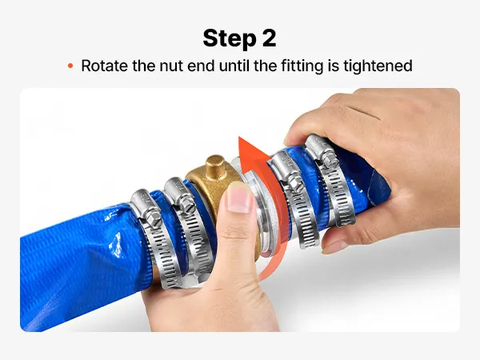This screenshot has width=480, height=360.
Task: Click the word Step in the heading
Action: click(230, 38)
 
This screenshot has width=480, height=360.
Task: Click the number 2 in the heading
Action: click(269, 38)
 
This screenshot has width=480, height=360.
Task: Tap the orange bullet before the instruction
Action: click(70, 66)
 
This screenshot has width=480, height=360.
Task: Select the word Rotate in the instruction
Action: click(104, 66)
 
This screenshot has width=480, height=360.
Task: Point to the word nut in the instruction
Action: click(171, 66)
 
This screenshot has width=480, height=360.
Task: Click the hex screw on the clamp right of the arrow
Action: click(295, 184)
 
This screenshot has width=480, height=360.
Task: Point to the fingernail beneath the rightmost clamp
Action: click(334, 246)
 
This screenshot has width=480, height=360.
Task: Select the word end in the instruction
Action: click(201, 66)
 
